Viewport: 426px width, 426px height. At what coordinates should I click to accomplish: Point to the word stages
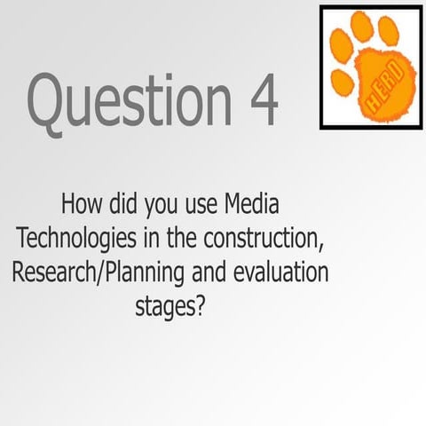pyautogui.click(x=163, y=307)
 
